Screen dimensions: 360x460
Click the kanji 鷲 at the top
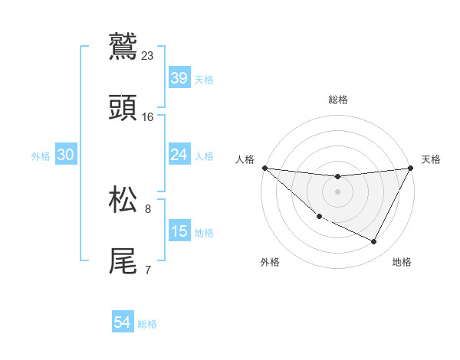[x=123, y=44]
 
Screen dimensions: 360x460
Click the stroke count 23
[x=148, y=55]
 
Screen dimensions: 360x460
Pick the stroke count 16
[x=148, y=116]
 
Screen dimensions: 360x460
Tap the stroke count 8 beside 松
[x=148, y=208]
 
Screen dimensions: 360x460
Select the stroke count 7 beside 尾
[x=148, y=270]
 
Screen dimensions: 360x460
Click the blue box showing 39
[x=179, y=78]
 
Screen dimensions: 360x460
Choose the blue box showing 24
[x=179, y=155]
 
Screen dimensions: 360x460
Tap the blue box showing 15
[x=179, y=231]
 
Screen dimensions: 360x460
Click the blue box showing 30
[x=65, y=155]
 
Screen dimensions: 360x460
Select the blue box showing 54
[x=123, y=322]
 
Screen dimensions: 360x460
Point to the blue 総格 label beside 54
[x=147, y=324]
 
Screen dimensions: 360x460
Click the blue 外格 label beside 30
[x=41, y=156]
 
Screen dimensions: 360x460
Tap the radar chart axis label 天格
[x=432, y=159]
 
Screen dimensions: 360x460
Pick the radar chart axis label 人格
[x=244, y=159]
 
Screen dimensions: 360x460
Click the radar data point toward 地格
[x=374, y=242]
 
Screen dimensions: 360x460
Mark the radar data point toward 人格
[x=264, y=168]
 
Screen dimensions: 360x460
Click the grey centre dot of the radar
[x=337, y=191]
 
